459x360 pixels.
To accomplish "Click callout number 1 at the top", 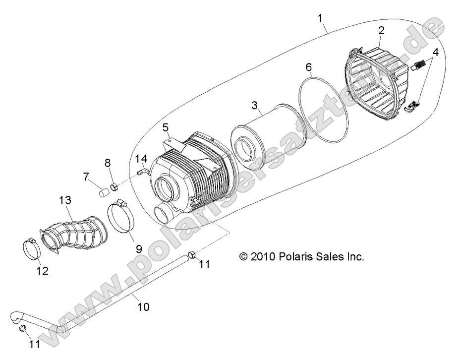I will click(x=321, y=19).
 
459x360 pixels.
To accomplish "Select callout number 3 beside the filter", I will click(x=254, y=105).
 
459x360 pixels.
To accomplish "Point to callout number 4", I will click(x=435, y=52).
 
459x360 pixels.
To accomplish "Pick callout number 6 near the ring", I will click(x=308, y=66).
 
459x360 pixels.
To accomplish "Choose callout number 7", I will click(x=86, y=176).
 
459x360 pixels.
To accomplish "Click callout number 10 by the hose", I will click(x=143, y=307).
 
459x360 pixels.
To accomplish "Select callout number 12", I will click(x=42, y=271).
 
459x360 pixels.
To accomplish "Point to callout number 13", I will click(x=65, y=201).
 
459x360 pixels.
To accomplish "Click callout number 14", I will click(x=142, y=159).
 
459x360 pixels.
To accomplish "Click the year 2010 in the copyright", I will click(x=262, y=257).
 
